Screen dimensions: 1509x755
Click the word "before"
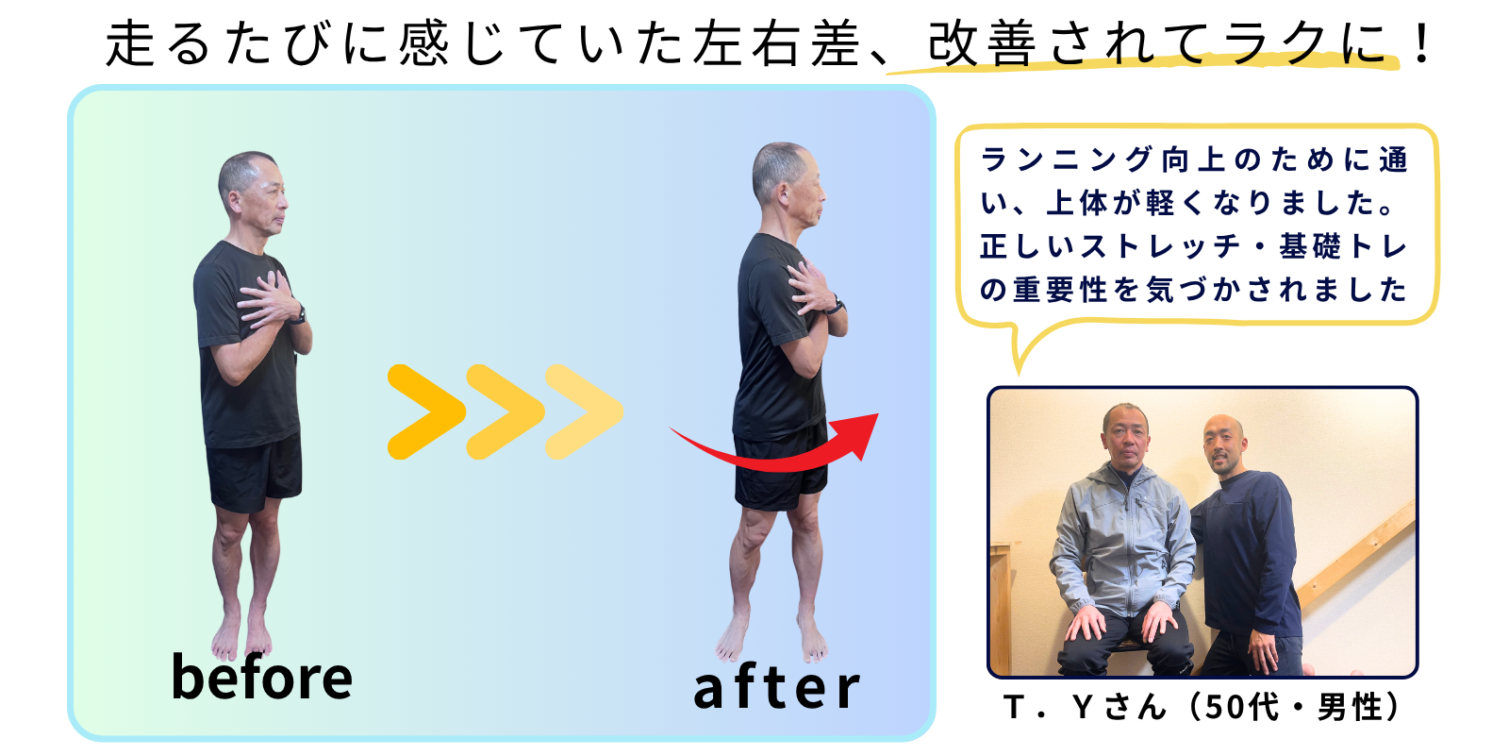[x=262, y=676]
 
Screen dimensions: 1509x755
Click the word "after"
[x=777, y=688]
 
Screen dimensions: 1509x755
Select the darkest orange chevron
[x=426, y=411]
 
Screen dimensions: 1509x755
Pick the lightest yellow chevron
[x=584, y=411]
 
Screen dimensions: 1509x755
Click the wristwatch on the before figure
[x=298, y=315]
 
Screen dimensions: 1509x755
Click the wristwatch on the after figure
[x=836, y=306]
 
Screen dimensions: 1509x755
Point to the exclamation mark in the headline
[x=1422, y=43]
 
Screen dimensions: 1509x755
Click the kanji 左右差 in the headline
[x=777, y=43]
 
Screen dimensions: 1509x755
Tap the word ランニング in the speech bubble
[x=1065, y=159]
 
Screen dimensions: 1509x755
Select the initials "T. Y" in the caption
[x=1048, y=707]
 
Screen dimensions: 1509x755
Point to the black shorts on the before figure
[x=254, y=472]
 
